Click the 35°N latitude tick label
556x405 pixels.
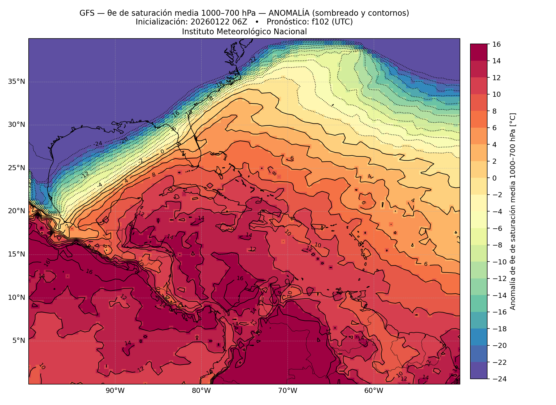tap(17, 82)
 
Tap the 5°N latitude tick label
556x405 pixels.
tap(19, 341)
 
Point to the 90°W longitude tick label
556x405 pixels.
tap(115, 391)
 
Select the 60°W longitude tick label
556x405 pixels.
tap(374, 391)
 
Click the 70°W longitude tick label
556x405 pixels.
tap(287, 391)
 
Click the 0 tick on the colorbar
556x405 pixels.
tap(495, 178)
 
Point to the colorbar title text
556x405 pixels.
tap(513, 211)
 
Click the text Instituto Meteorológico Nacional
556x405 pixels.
tap(244, 31)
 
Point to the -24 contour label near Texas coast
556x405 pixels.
tap(98, 144)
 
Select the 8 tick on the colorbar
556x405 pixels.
tap(495, 111)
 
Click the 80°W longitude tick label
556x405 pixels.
tap(201, 391)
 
